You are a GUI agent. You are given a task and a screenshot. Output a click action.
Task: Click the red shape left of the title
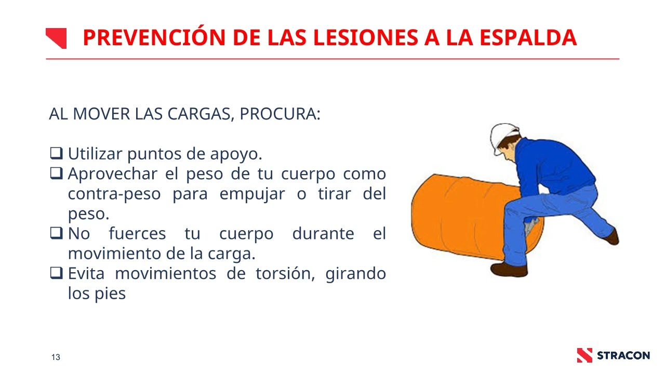click(56, 38)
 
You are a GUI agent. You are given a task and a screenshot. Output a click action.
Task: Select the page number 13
click(56, 357)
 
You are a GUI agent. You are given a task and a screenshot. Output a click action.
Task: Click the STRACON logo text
click(623, 356)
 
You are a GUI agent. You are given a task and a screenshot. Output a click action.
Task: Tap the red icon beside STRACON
click(584, 355)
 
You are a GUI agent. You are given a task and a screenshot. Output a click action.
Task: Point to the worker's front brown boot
click(509, 270)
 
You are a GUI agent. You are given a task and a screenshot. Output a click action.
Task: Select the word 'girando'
click(355, 274)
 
